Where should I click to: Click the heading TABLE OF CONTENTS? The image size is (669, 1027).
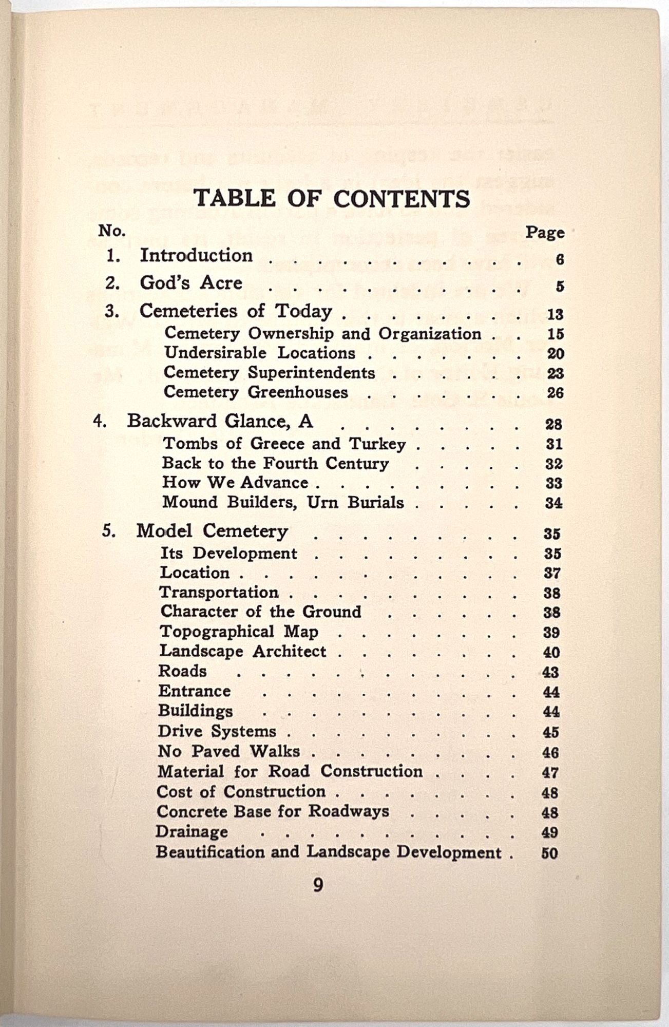coord(331,199)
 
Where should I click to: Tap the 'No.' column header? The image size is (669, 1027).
coord(112,231)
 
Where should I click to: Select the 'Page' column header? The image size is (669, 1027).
coord(544,233)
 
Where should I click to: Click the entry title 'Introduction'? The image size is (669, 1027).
coord(196,255)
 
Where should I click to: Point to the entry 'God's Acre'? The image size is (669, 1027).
coord(191,283)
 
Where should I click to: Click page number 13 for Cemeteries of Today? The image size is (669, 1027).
coord(555,314)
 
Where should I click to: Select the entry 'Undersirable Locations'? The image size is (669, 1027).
coord(260,353)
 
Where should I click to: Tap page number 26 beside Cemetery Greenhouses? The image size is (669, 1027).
coord(555,393)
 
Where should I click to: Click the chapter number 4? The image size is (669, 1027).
coord(99,421)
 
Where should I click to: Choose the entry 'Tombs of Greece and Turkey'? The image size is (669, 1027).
coord(284,444)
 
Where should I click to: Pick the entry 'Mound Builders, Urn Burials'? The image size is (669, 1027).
coord(283,502)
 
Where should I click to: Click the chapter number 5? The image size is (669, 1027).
coord(108,531)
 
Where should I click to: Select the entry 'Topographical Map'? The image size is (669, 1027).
coord(239,632)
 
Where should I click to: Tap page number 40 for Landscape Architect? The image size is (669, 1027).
coord(551,652)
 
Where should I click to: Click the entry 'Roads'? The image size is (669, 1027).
coord(182,671)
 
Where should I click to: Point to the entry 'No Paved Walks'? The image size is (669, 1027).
coord(228,751)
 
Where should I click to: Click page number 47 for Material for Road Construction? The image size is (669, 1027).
coord(550,772)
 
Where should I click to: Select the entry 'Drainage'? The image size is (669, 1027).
coord(192,831)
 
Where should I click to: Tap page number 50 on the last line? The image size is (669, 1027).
coord(549,853)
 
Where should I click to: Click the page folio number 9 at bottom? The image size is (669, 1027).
coord(318,885)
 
